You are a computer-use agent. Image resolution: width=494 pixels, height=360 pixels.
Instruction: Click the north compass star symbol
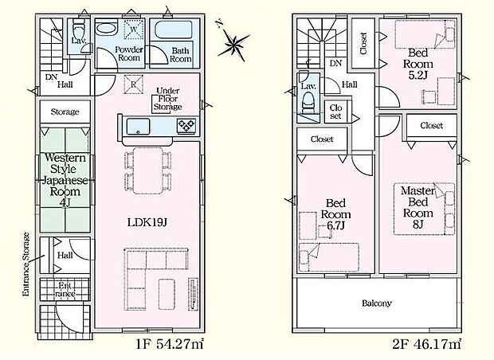[233, 44]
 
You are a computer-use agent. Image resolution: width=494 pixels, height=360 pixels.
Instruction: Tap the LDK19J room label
[147, 223]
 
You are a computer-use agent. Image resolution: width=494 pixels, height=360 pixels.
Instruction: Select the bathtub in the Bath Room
[174, 30]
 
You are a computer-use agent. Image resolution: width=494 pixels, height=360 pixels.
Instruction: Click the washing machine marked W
[134, 29]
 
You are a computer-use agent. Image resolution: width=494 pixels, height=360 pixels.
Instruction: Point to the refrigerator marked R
[133, 84]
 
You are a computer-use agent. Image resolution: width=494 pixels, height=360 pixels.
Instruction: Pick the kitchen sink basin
[139, 127]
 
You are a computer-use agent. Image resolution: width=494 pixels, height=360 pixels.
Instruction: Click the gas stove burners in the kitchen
[186, 127]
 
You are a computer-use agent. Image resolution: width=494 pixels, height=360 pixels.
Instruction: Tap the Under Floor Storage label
[167, 99]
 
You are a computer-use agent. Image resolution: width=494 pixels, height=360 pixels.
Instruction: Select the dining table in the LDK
[147, 171]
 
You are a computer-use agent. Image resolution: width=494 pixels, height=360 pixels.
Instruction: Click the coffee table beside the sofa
[167, 294]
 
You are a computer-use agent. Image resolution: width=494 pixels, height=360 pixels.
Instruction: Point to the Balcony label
[377, 303]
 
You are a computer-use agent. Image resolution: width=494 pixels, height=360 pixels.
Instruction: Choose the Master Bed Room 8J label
[418, 208]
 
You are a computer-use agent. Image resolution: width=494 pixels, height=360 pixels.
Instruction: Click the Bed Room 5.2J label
[418, 64]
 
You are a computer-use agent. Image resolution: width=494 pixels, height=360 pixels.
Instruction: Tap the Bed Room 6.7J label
[336, 214]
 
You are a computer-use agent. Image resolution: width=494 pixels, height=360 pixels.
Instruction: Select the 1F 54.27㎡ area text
[170, 344]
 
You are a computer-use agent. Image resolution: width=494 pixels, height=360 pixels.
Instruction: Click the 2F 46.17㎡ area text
[427, 344]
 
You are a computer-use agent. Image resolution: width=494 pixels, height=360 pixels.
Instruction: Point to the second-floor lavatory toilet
[308, 103]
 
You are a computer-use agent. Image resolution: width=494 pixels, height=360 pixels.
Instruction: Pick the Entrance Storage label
[25, 264]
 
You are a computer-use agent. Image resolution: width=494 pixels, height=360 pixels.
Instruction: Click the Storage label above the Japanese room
[65, 112]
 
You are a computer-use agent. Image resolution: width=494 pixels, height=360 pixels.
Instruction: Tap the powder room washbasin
[106, 27]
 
